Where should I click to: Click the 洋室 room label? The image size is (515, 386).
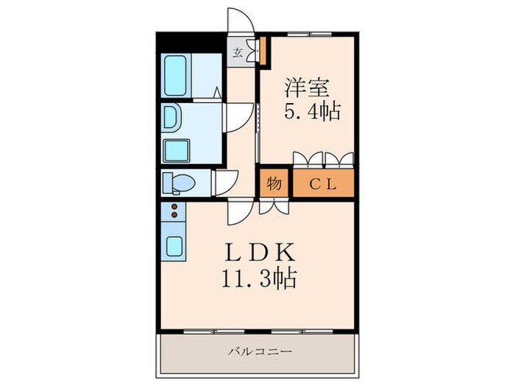tap(307, 88)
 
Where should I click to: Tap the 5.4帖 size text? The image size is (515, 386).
tap(312, 111)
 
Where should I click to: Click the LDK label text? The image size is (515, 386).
tap(259, 252)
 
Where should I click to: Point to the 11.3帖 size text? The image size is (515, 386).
tap(259, 279)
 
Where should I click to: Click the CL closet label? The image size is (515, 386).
tap(323, 184)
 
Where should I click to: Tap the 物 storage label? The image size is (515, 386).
tap(274, 184)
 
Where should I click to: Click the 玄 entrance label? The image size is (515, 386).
tap(237, 52)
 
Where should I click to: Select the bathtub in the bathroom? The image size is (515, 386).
tap(175, 76)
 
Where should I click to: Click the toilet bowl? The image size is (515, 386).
tap(183, 182)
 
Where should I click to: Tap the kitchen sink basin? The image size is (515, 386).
tap(174, 246)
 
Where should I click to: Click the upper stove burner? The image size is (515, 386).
tap(174, 207)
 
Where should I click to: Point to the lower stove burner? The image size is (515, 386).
tap(174, 215)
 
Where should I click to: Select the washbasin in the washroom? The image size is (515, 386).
tap(170, 117)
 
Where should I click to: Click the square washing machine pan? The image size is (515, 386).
tap(177, 150)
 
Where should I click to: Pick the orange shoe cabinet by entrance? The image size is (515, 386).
tap(263, 51)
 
